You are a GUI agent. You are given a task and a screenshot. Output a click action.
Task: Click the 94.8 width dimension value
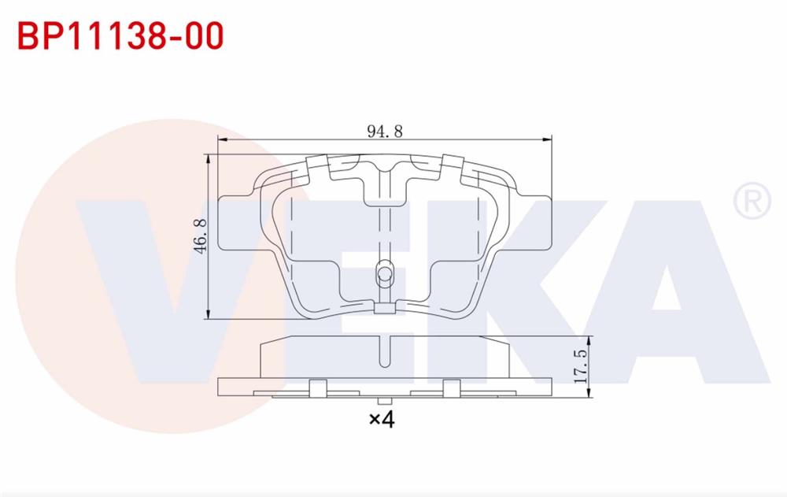(x=384, y=132)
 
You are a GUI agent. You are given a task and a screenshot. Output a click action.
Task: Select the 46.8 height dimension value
(x=200, y=236)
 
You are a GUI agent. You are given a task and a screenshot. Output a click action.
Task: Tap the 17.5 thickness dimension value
(x=580, y=364)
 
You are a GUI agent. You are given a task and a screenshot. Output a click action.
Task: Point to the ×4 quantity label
(x=381, y=419)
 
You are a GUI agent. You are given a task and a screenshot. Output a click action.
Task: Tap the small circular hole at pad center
(x=385, y=274)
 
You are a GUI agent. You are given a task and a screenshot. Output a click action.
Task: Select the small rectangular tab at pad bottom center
(x=384, y=308)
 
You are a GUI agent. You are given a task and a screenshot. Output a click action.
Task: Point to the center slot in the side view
(x=384, y=351)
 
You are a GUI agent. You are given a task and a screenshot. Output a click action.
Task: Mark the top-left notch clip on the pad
(x=316, y=165)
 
